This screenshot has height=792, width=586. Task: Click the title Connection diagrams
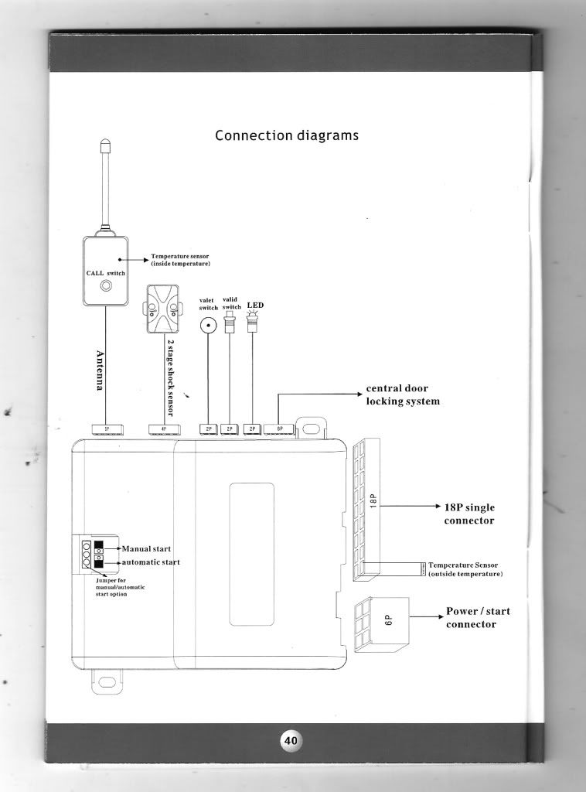point(286,135)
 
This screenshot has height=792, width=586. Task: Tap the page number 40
point(291,739)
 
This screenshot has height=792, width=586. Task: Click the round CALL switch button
point(107,287)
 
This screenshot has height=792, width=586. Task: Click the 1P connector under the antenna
point(106,428)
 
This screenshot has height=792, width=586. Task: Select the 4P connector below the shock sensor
point(163,428)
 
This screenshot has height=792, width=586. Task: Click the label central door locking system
point(402,394)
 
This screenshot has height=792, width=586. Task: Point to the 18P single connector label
point(468,514)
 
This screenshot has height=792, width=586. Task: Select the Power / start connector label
point(477,617)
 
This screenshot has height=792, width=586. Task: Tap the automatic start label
point(151,562)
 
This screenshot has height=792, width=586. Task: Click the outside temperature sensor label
point(465,570)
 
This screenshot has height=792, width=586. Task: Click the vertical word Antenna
point(100,371)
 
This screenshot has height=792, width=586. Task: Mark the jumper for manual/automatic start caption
point(120,586)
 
